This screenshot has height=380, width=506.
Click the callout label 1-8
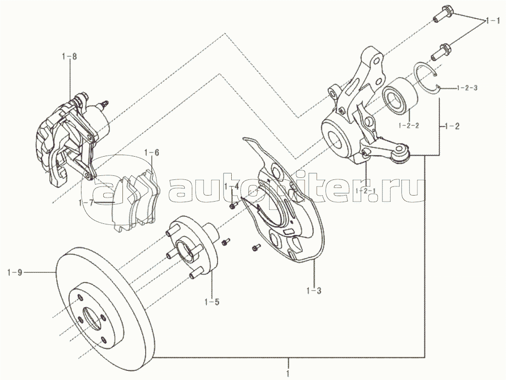click(x=70, y=57)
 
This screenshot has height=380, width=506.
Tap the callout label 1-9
click(x=15, y=273)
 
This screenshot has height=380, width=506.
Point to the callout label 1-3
click(x=314, y=291)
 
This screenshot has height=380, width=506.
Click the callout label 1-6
click(x=152, y=153)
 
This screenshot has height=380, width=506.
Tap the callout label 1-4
click(x=232, y=186)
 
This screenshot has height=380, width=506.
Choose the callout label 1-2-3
click(x=467, y=87)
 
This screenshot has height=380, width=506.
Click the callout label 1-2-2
click(x=409, y=125)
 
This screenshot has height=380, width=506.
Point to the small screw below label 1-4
click(x=233, y=205)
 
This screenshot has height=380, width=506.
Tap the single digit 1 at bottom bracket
click(x=288, y=374)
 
